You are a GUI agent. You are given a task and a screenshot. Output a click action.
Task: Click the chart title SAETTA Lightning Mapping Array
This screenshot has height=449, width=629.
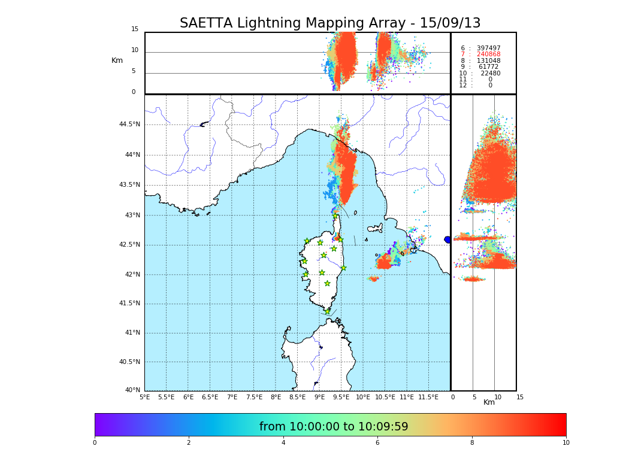(x=330, y=23)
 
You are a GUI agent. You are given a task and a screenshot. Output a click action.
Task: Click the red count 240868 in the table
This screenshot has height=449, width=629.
(x=489, y=54)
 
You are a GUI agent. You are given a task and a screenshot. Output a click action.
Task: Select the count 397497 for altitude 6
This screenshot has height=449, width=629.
(x=489, y=48)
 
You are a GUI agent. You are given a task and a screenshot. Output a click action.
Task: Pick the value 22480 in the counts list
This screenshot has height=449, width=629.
(x=491, y=74)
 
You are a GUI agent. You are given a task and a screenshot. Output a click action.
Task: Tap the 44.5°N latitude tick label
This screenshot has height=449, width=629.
(x=129, y=125)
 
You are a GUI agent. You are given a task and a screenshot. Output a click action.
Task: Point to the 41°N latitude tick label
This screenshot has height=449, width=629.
(x=131, y=333)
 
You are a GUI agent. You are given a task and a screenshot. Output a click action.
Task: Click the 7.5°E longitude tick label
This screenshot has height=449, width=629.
(x=254, y=397)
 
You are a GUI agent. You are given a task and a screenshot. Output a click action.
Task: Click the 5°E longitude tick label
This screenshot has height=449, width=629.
(x=145, y=397)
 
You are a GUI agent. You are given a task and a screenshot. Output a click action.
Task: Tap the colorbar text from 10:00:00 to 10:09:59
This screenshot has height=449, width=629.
(x=334, y=427)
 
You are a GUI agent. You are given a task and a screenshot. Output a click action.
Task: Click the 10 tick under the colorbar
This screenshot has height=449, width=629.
(x=566, y=442)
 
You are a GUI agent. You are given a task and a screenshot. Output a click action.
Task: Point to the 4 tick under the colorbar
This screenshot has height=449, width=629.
(x=283, y=442)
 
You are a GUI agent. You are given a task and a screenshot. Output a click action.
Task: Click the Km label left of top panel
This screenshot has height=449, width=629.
(x=117, y=60)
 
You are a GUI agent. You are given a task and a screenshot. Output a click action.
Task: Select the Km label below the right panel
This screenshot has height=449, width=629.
(x=489, y=402)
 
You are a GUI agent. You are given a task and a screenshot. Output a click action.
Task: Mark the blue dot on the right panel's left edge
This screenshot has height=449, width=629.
(x=447, y=239)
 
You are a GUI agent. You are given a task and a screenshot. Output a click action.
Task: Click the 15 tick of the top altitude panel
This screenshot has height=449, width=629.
(x=135, y=29)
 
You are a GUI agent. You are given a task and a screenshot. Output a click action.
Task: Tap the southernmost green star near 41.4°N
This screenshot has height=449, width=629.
(x=328, y=311)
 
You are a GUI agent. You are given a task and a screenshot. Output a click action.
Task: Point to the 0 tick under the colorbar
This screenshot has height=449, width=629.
(x=95, y=442)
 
